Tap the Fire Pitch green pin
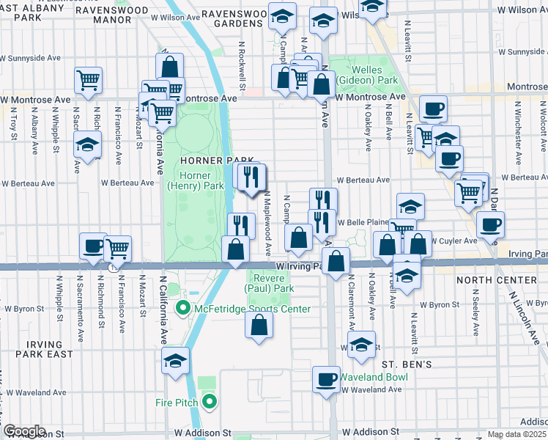[210, 402]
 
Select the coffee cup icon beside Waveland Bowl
[326, 380]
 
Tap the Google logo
[25, 431]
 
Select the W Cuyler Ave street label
[453, 241]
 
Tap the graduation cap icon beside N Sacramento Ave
[87, 144]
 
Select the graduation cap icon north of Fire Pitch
[176, 361]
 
